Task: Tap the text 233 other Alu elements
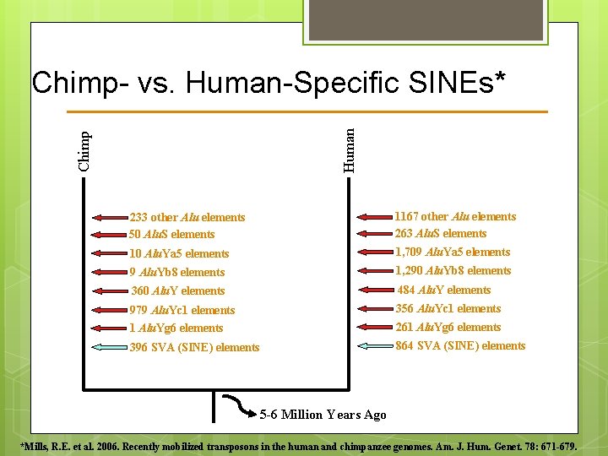pyautogui.click(x=187, y=218)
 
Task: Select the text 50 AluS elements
pyautogui.click(x=172, y=235)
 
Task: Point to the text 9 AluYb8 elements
pyautogui.click(x=177, y=272)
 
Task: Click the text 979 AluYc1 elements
pyautogui.click(x=182, y=310)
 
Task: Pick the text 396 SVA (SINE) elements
pyautogui.click(x=195, y=347)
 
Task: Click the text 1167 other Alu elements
pyautogui.click(x=455, y=216)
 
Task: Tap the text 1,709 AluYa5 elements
pyautogui.click(x=453, y=252)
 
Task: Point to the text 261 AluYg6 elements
pyautogui.click(x=448, y=328)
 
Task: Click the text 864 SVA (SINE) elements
pyautogui.click(x=460, y=346)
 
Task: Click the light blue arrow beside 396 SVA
pyautogui.click(x=107, y=346)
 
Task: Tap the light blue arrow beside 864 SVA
pyautogui.click(x=375, y=345)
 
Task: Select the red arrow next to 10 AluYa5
pyautogui.click(x=107, y=253)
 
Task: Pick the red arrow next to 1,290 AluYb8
pyautogui.click(x=375, y=271)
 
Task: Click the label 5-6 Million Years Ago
pyautogui.click(x=323, y=415)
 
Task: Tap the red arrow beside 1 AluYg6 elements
pyautogui.click(x=107, y=328)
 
